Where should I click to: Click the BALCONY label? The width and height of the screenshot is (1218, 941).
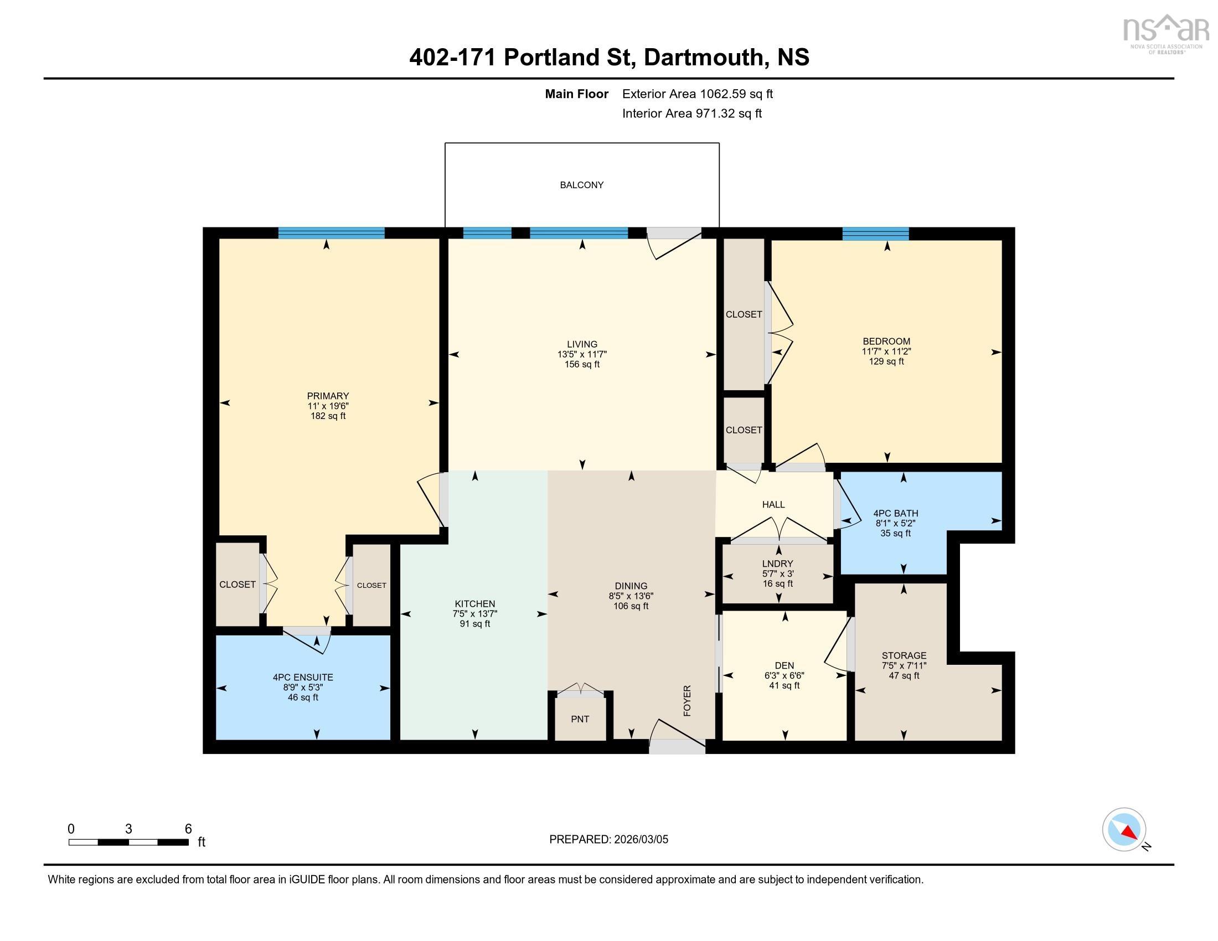pos(581,185)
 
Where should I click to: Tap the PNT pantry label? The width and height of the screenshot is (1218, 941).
pos(580,719)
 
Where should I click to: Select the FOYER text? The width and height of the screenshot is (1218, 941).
pos(687,701)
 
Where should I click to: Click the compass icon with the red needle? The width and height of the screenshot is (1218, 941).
pos(1124,829)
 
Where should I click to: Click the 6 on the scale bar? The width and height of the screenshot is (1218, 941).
pos(188,829)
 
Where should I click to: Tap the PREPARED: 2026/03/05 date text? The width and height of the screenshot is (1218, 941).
pos(608,839)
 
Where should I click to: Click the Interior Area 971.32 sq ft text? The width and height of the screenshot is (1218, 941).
pos(691,113)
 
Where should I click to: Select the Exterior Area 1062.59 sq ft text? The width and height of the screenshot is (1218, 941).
pos(697,94)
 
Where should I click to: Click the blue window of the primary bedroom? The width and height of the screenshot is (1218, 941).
pos(331,233)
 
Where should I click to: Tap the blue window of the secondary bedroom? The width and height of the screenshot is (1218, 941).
pos(875,234)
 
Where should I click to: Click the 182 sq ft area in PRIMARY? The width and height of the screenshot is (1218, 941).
pos(328,416)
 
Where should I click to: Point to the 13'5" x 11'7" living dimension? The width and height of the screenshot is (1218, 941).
pos(582,355)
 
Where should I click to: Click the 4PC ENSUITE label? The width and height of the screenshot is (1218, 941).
pos(303,678)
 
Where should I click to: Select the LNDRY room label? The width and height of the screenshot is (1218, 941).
pos(777,563)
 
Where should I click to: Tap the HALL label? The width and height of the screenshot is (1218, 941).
pos(773,504)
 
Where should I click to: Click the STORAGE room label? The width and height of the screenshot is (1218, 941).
pos(904,655)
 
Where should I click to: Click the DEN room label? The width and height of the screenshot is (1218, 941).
pos(784,665)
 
